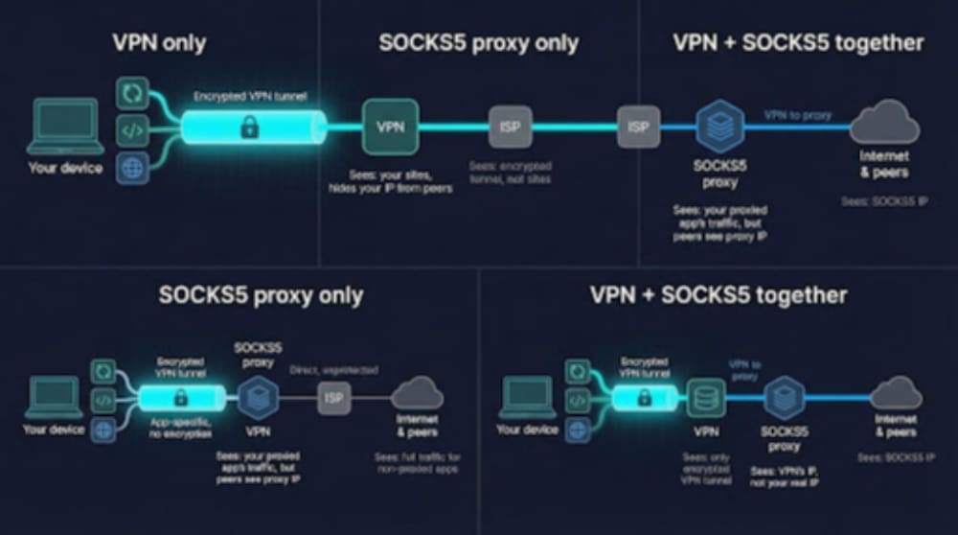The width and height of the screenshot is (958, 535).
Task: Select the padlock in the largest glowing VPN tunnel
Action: [249, 127]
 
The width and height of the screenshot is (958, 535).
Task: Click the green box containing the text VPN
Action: [390, 127]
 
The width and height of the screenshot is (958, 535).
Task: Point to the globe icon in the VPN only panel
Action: [132, 168]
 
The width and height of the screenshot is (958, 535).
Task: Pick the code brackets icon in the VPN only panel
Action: [132, 130]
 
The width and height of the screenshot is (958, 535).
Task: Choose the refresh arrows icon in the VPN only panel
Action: [132, 93]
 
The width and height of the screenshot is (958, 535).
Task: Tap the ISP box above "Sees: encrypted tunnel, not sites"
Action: [510, 128]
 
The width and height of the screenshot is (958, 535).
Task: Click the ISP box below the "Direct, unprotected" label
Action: [333, 396]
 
